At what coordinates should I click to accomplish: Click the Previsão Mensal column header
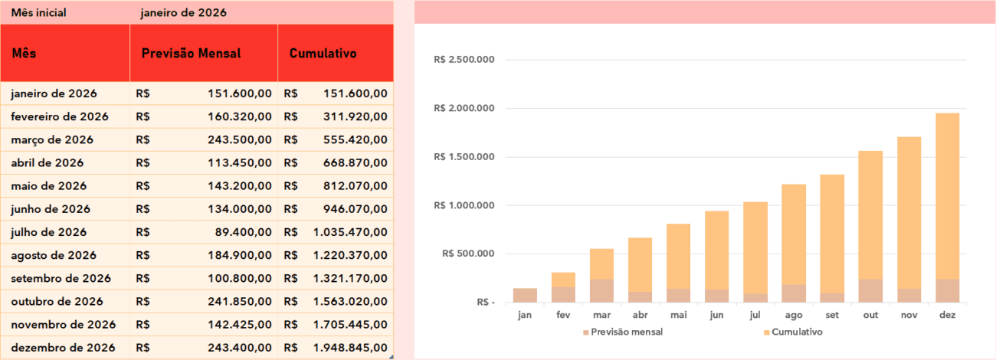(191, 54)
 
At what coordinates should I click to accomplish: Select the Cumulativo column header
(323, 54)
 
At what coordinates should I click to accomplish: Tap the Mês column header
(24, 54)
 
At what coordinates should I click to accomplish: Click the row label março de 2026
(52, 140)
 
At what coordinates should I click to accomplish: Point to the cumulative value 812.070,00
(353, 186)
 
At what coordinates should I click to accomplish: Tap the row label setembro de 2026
(61, 279)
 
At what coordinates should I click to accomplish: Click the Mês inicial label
(38, 13)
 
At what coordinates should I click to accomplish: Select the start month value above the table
(183, 13)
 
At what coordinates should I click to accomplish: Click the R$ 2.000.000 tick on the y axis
(464, 109)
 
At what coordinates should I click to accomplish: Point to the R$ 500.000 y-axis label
(467, 254)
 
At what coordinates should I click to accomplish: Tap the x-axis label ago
(793, 315)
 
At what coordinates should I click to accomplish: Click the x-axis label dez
(947, 315)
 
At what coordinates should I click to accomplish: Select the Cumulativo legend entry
(796, 332)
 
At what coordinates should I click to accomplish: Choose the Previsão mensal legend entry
(627, 332)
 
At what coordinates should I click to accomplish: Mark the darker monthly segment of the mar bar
(601, 290)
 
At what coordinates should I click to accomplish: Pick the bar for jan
(525, 296)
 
